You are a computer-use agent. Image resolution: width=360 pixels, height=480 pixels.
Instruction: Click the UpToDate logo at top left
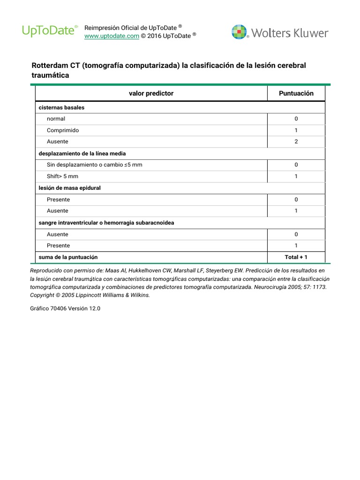[50, 31]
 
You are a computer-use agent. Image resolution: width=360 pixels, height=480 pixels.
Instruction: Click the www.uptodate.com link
[112, 36]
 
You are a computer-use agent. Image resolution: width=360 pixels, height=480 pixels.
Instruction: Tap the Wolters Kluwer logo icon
[239, 32]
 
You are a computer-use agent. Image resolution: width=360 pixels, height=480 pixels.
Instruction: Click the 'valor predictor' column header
[151, 93]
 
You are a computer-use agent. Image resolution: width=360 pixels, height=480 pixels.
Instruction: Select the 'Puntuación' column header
[296, 93]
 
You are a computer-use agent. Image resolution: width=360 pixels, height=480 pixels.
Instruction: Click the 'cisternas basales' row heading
[61, 107]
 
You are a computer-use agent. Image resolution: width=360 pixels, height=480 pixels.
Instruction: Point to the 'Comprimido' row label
[63, 130]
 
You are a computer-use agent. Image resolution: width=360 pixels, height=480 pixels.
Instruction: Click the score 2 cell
[296, 142]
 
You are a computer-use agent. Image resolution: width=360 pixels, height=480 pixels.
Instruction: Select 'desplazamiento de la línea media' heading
[82, 153]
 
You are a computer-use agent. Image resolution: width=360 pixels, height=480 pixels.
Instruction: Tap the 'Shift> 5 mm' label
[63, 176]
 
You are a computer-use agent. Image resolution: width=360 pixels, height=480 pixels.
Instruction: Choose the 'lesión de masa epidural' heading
[69, 188]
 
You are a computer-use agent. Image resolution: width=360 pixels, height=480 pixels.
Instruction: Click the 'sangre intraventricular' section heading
[106, 223]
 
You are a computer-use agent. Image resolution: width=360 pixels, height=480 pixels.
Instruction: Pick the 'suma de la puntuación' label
[68, 257]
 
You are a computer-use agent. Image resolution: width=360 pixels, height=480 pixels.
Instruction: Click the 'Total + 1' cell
[296, 257]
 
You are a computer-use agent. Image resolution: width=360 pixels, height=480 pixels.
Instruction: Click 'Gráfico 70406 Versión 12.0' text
[65, 309]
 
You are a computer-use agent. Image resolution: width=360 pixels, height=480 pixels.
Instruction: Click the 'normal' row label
[56, 119]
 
